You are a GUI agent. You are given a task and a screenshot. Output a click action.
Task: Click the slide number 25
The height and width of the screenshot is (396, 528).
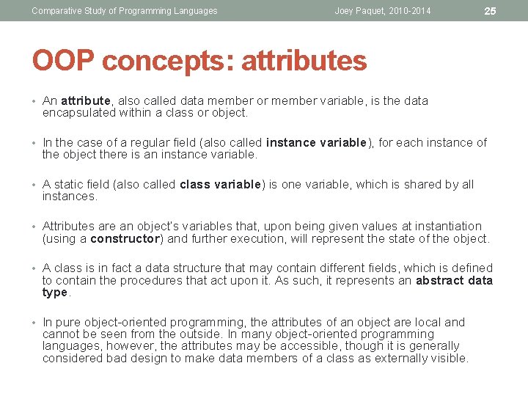tap(491, 11)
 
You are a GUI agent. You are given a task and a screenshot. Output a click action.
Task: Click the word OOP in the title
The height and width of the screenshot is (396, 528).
tap(64, 60)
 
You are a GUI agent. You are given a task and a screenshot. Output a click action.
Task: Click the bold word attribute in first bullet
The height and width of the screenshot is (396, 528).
tap(86, 100)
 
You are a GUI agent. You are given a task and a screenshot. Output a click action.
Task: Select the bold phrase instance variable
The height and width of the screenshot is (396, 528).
tap(316, 142)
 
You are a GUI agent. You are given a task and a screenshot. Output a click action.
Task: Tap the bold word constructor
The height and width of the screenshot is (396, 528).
tap(125, 238)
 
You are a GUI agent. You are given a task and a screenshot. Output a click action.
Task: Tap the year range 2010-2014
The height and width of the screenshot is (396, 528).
tap(405, 11)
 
